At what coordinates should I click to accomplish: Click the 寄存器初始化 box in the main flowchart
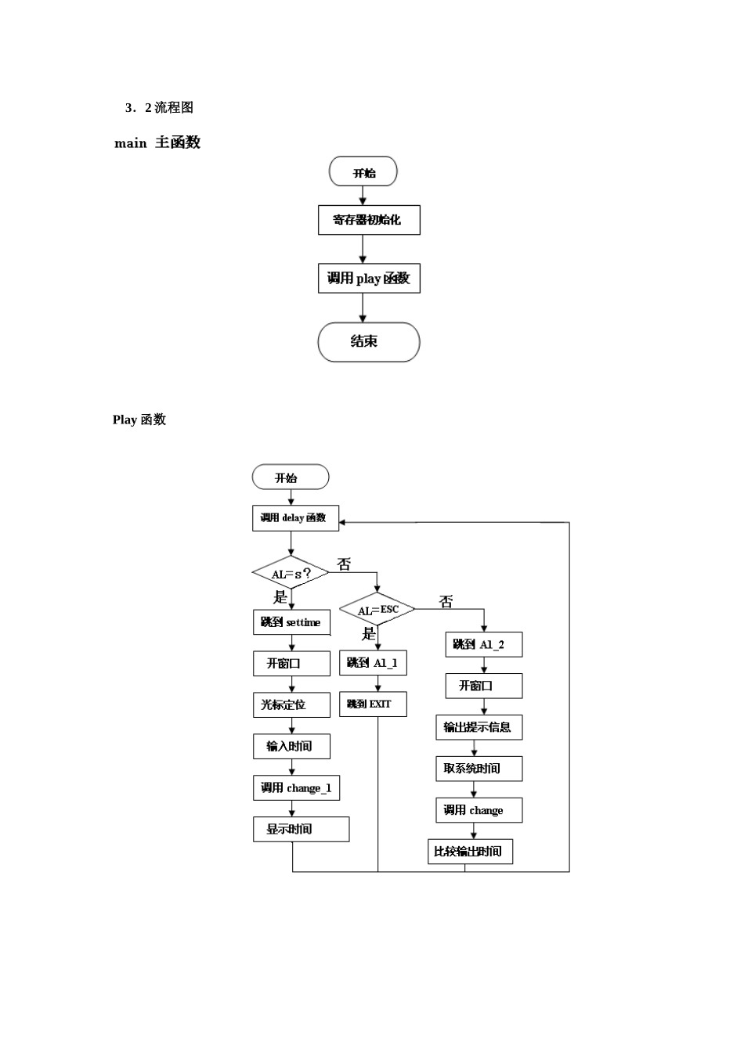(x=369, y=220)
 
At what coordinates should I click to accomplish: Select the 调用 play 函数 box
(x=369, y=279)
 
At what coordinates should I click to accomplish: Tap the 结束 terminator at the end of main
(x=369, y=342)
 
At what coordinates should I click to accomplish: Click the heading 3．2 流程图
(x=159, y=108)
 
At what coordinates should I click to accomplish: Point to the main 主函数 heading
(x=157, y=142)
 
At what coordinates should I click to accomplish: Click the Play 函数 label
(x=139, y=420)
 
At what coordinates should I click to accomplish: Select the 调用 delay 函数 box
(x=295, y=518)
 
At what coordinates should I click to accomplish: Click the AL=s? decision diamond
(x=291, y=574)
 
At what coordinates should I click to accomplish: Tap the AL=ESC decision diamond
(x=377, y=610)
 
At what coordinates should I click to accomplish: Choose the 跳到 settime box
(x=292, y=623)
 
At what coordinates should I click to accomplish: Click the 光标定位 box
(x=291, y=705)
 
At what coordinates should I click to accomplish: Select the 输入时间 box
(x=291, y=747)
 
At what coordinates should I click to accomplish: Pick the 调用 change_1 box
(x=296, y=788)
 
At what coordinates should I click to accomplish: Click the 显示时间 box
(x=301, y=830)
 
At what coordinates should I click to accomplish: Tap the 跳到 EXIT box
(x=373, y=704)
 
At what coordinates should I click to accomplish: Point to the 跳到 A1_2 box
(x=483, y=645)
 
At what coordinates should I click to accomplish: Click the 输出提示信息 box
(x=479, y=727)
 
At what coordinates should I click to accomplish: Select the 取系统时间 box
(x=479, y=769)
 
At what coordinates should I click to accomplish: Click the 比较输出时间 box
(x=470, y=852)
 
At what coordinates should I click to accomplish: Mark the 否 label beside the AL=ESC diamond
(x=446, y=602)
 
